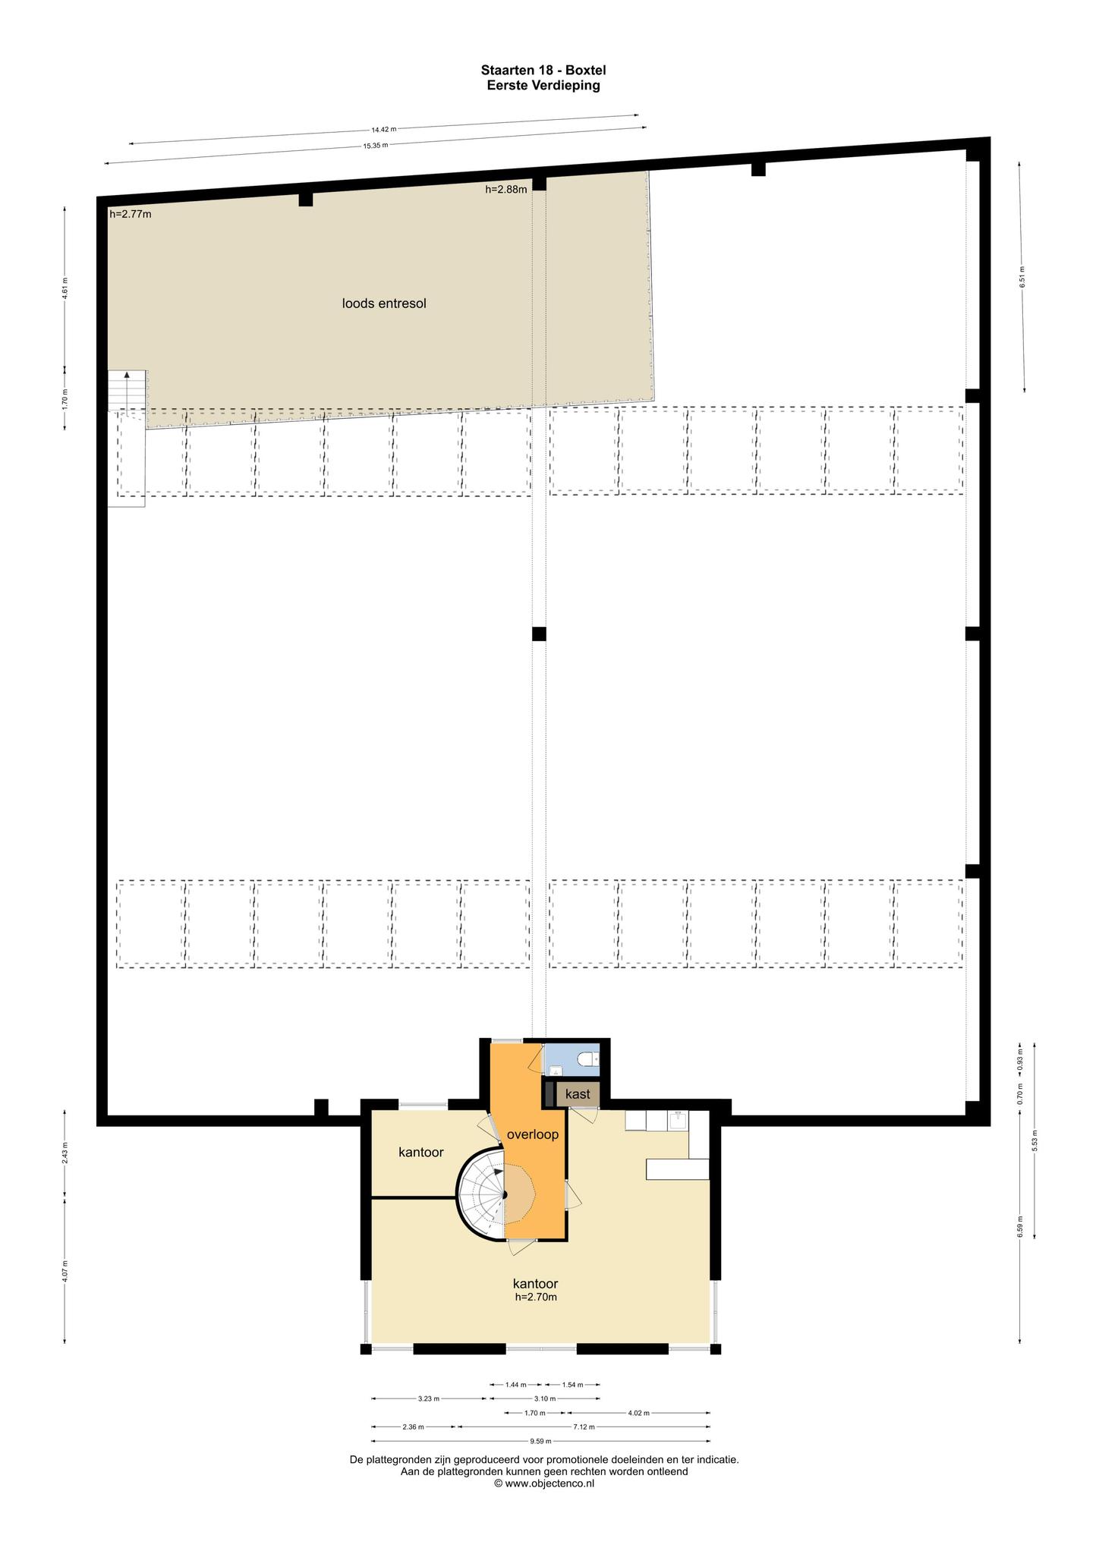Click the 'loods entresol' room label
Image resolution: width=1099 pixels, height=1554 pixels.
click(x=384, y=304)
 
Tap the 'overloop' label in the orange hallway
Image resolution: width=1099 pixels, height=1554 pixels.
click(x=533, y=1134)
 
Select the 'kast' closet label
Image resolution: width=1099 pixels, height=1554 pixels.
click(x=578, y=1094)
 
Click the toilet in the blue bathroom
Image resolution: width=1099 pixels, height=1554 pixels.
click(x=587, y=1059)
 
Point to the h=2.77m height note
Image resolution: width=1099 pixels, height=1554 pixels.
click(x=131, y=214)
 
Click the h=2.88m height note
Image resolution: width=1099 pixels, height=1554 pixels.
click(x=506, y=190)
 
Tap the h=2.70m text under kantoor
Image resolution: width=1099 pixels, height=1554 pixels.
click(x=536, y=1297)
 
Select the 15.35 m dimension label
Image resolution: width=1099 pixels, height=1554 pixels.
click(x=376, y=145)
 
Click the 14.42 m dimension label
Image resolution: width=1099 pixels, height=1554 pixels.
click(x=384, y=129)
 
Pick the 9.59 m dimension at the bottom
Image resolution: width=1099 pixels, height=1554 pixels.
click(x=540, y=1441)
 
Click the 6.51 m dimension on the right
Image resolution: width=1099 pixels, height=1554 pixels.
click(x=1022, y=277)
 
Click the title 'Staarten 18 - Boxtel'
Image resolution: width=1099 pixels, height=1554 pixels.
click(x=543, y=71)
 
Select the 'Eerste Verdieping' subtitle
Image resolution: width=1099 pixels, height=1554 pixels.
click(x=543, y=85)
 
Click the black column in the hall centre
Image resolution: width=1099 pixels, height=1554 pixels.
click(x=539, y=634)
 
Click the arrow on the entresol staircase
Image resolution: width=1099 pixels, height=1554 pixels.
click(x=127, y=375)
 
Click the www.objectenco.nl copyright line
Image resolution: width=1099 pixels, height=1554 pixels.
click(x=543, y=1483)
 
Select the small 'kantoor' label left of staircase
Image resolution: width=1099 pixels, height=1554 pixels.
click(x=421, y=1152)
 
